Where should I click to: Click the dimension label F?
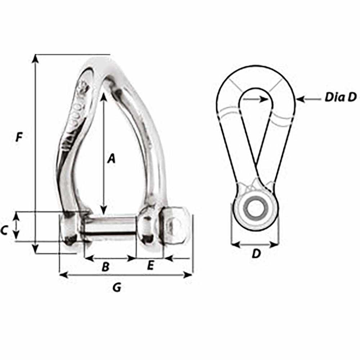[x=19, y=137]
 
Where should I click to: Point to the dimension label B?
[x=105, y=267]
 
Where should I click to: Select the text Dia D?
[x=340, y=97]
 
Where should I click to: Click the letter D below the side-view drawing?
[x=256, y=254]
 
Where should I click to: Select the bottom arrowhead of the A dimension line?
[x=104, y=211]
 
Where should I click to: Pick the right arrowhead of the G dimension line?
[x=189, y=275]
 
